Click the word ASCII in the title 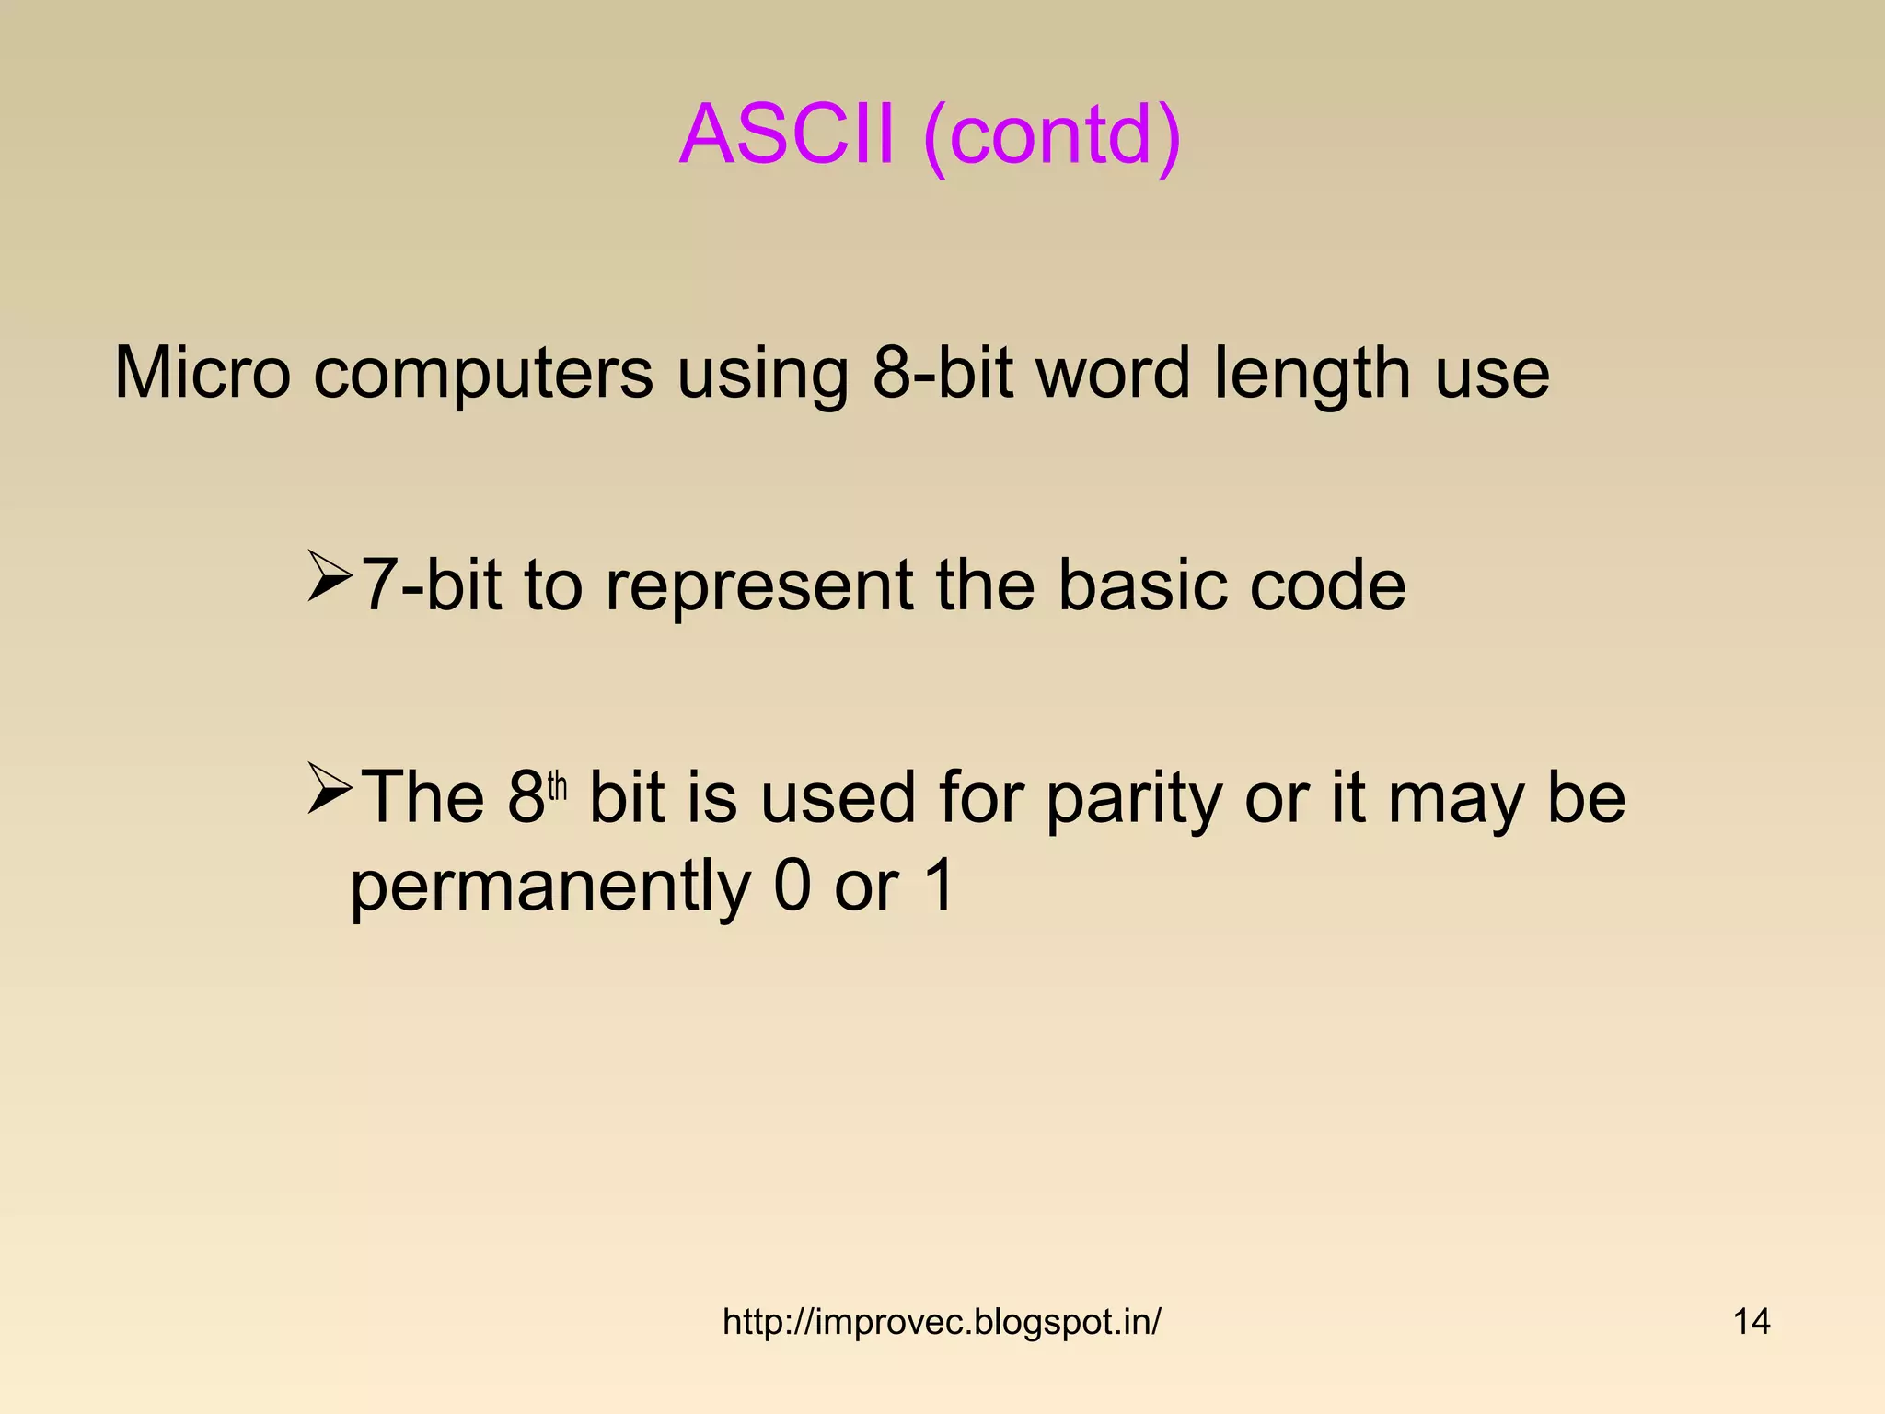[x=787, y=134]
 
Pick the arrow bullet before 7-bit [x=330, y=577]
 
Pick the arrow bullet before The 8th [x=330, y=789]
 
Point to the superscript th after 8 [x=558, y=788]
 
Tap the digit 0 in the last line [x=792, y=886]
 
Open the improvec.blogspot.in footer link [x=942, y=1322]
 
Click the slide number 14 [x=1751, y=1322]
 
